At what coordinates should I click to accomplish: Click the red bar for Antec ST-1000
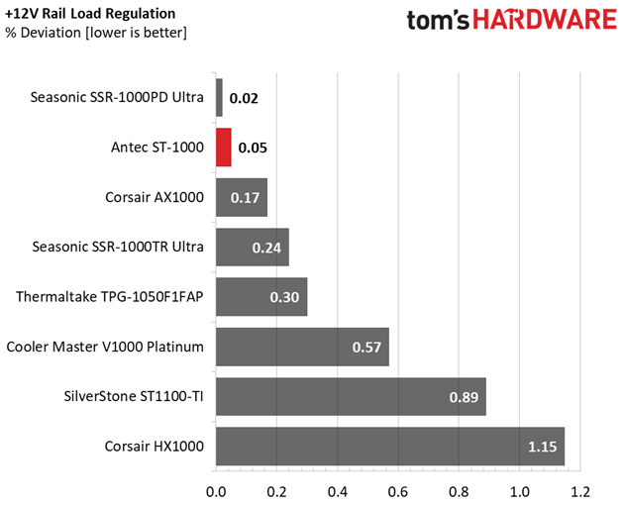[224, 148]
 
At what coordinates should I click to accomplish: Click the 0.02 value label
[244, 98]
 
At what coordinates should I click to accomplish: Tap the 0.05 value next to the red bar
[253, 148]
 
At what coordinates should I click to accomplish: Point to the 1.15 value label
[543, 447]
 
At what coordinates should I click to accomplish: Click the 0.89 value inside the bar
[463, 397]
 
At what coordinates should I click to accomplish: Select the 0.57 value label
[366, 348]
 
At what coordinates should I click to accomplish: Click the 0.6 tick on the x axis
[397, 490]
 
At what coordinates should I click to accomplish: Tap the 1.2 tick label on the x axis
[579, 490]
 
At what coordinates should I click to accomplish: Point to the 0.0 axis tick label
[216, 490]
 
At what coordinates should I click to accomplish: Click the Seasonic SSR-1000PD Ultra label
[117, 98]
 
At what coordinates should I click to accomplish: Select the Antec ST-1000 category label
[156, 148]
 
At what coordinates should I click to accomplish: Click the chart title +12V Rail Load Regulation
[91, 14]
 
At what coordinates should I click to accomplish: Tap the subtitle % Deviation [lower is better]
[95, 33]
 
